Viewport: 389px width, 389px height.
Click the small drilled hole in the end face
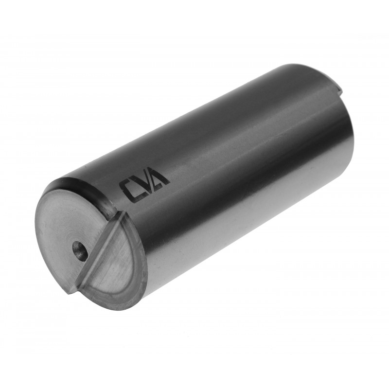coord(80,250)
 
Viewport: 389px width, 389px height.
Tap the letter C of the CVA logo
coord(129,190)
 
